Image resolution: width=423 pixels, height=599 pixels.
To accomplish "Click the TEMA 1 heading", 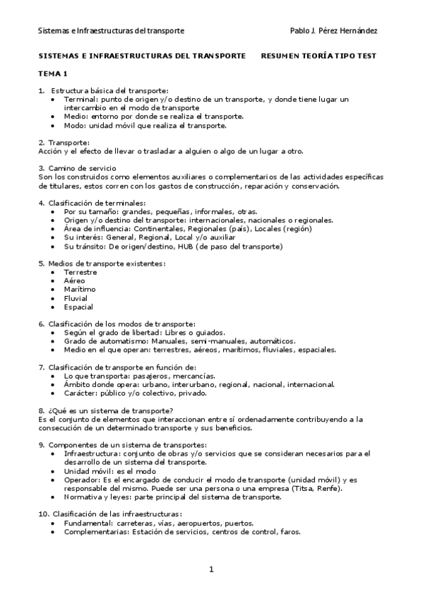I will coord(52,73).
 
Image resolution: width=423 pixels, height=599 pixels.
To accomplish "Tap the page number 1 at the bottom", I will coord(211,569).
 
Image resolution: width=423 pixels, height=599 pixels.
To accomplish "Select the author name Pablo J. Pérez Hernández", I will coord(333,31).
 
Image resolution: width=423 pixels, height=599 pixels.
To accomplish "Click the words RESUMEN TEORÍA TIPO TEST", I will coord(318,55).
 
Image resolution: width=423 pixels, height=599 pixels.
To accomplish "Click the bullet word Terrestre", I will coord(81,272).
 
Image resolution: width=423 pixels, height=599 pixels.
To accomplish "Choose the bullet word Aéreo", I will coord(74,280).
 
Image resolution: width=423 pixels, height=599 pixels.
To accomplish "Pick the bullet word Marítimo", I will coord(80,289).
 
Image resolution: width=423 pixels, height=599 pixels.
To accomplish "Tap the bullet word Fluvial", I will coord(76,298).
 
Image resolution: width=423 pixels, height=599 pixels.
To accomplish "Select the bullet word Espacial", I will coord(78,307).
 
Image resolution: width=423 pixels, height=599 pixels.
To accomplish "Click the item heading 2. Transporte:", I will coord(64,143).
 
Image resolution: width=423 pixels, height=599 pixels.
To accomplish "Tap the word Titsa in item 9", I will coord(307,488).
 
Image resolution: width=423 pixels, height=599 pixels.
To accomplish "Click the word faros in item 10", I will coord(290,532).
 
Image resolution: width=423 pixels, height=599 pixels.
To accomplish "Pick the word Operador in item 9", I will coord(82,479).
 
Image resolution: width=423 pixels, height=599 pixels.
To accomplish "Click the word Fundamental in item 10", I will coord(88,523).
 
